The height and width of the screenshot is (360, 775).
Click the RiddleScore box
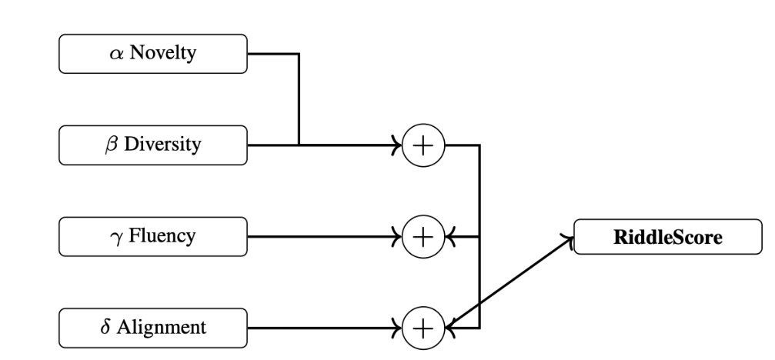(x=667, y=238)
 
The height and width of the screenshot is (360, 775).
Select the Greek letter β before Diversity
(x=112, y=145)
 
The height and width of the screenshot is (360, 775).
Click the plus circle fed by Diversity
(x=423, y=145)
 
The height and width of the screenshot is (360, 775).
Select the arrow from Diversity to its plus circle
(x=346, y=145)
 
